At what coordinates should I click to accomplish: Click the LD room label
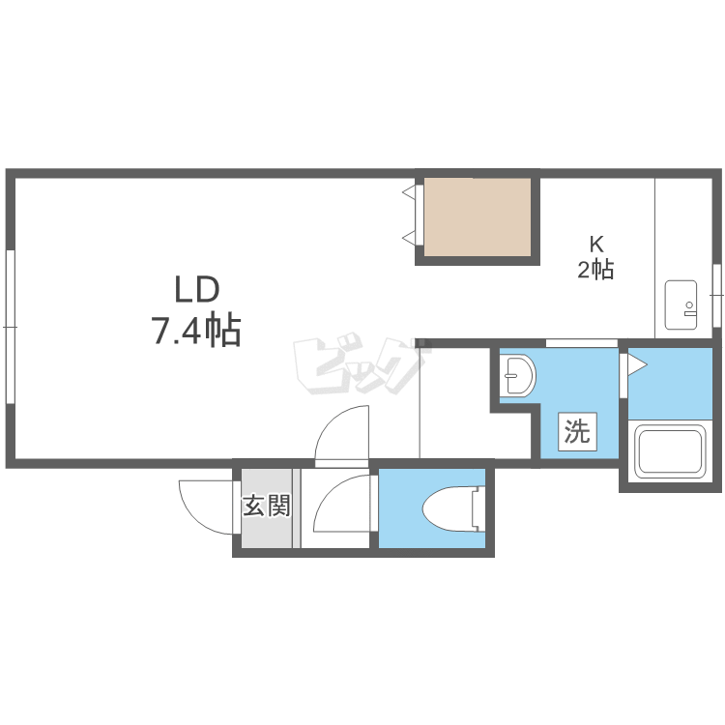pyautogui.click(x=196, y=289)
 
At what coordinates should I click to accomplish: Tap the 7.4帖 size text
pyautogui.click(x=196, y=331)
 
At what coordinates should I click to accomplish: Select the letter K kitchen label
pyautogui.click(x=596, y=244)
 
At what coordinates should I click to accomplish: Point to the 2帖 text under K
pyautogui.click(x=595, y=269)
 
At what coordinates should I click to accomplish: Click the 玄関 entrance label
pyautogui.click(x=267, y=506)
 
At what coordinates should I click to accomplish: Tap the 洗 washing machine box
pyautogui.click(x=577, y=431)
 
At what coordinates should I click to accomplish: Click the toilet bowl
pyautogui.click(x=454, y=508)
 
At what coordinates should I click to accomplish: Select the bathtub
pyautogui.click(x=670, y=451)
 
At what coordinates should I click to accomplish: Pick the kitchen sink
pyautogui.click(x=681, y=304)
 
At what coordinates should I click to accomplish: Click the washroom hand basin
pyautogui.click(x=518, y=374)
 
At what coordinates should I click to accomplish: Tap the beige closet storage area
pyautogui.click(x=478, y=217)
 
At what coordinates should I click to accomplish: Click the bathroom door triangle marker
pyautogui.click(x=637, y=365)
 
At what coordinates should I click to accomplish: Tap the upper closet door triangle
pyautogui.click(x=410, y=191)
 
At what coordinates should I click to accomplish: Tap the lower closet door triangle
pyautogui.click(x=410, y=238)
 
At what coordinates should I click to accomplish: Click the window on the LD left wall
pyautogui.click(x=11, y=327)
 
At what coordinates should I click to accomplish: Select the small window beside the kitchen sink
pyautogui.click(x=717, y=295)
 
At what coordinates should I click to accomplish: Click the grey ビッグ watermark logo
pyautogui.click(x=361, y=366)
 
